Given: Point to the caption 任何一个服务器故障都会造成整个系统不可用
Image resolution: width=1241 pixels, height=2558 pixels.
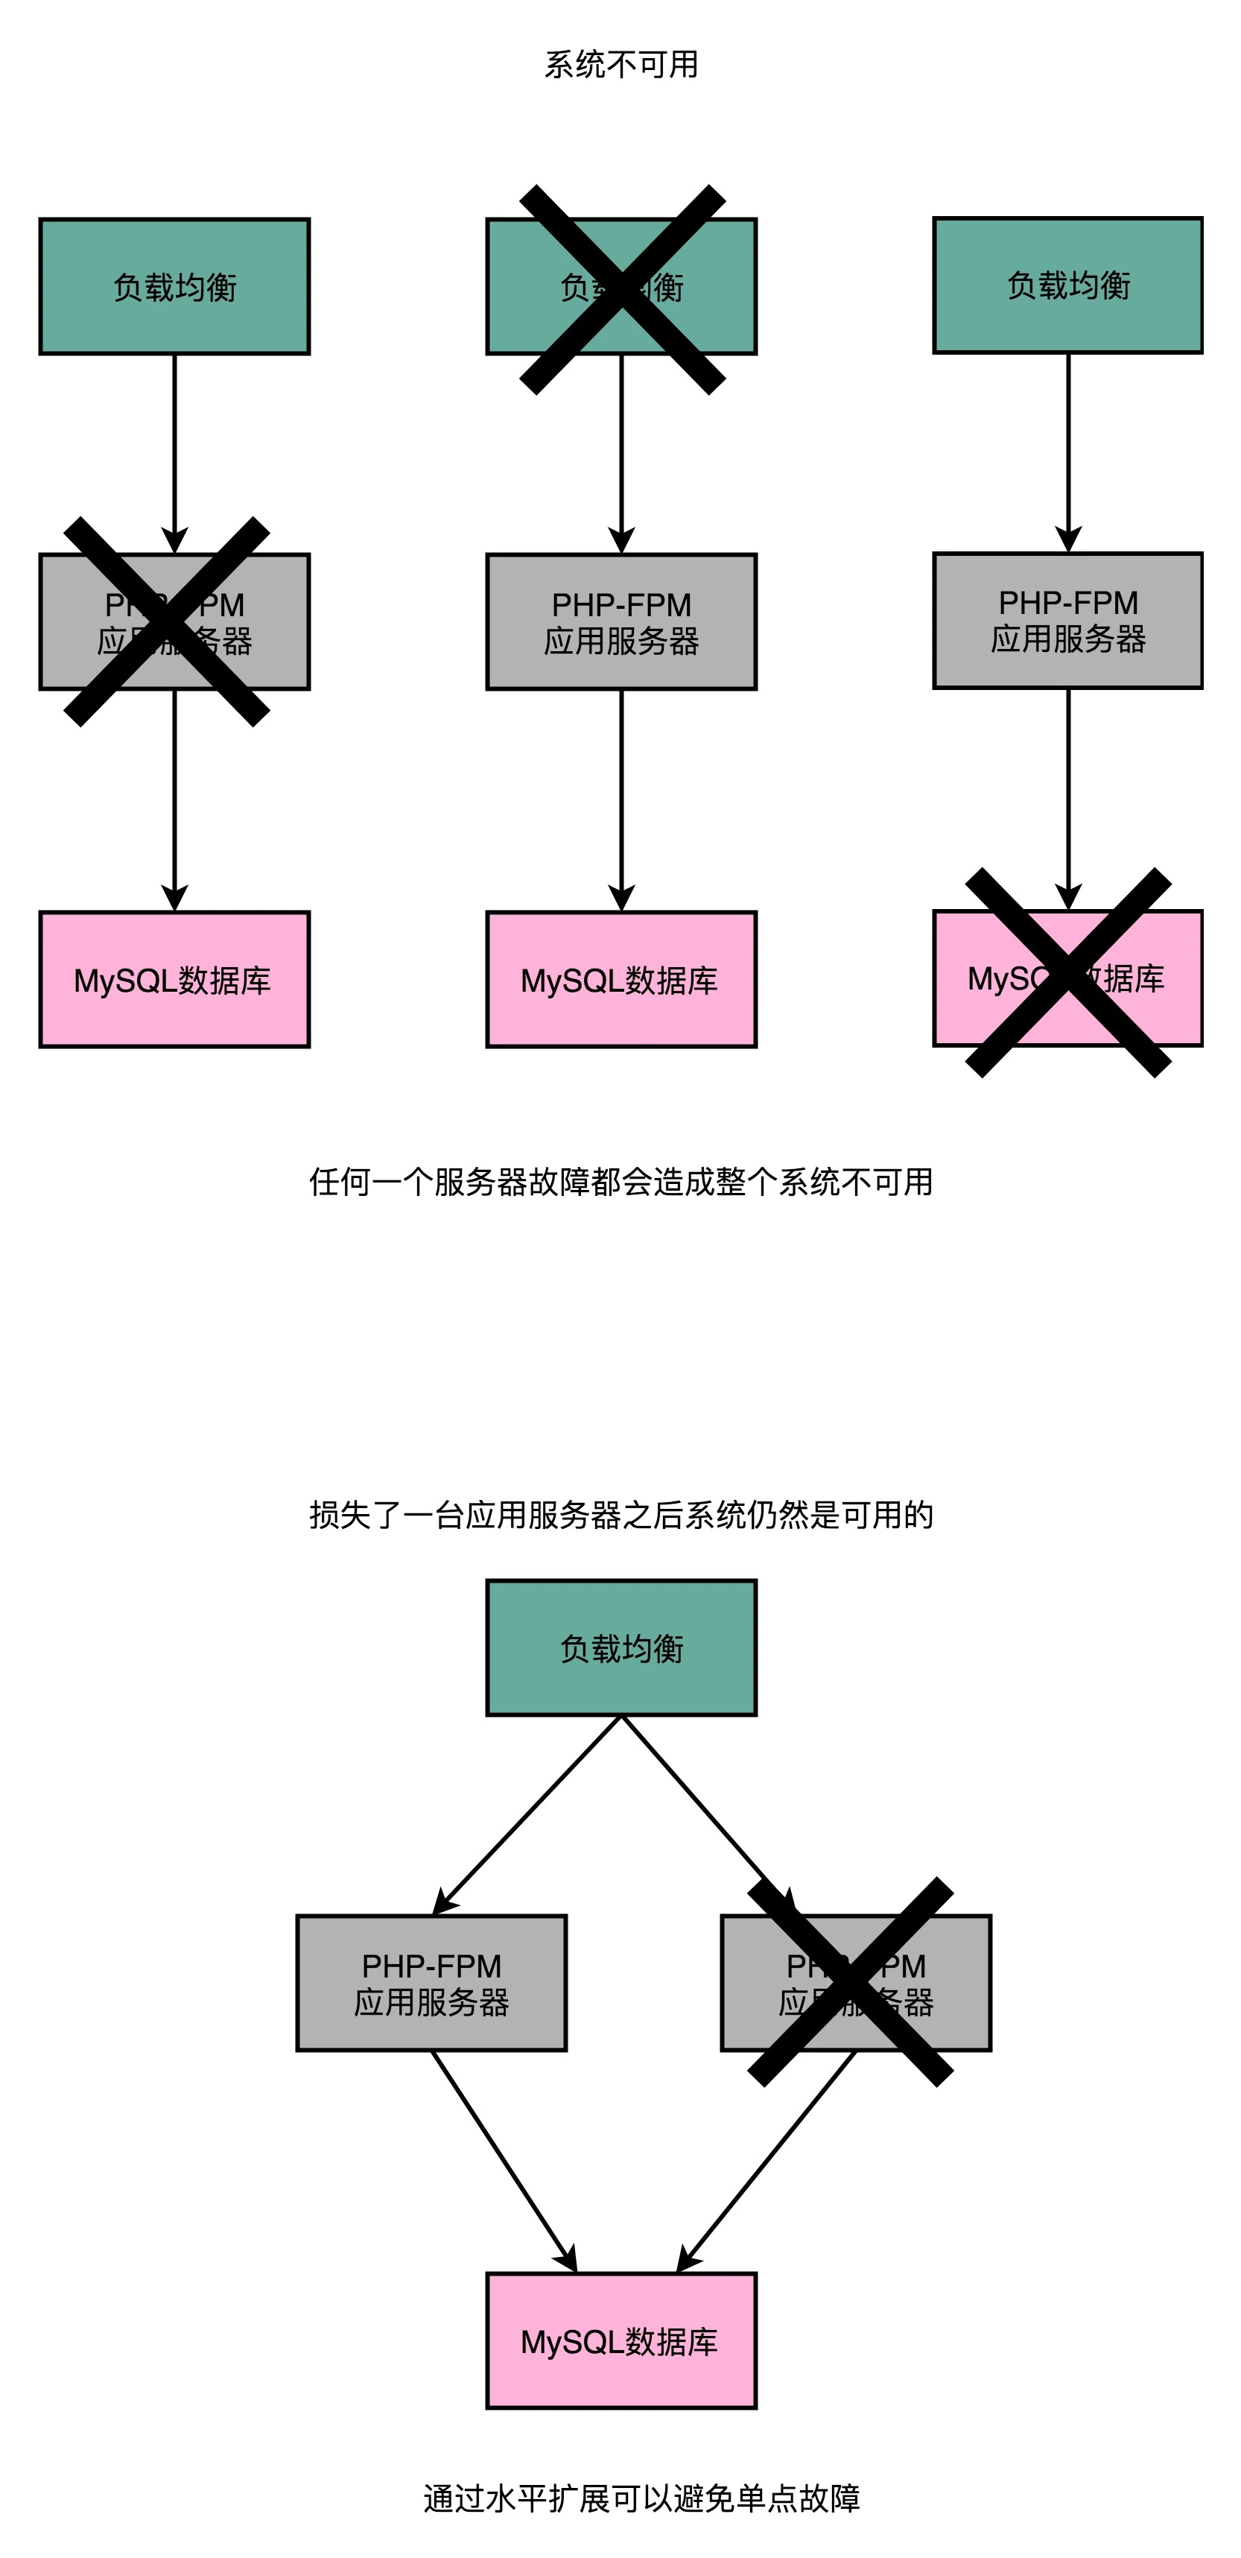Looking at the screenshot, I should pos(620,1182).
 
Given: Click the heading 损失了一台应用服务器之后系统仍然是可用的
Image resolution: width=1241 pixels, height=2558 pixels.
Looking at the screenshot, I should pos(620,1514).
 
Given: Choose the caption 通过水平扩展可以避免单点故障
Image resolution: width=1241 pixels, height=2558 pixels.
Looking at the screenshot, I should pos(641,2498).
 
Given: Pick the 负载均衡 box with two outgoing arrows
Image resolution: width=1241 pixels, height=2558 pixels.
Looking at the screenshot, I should pos(621,1648).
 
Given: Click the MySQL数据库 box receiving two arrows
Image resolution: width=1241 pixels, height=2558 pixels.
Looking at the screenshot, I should pos(621,2341).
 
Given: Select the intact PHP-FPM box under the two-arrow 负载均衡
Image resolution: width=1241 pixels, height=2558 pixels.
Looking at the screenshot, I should pos(431,1983).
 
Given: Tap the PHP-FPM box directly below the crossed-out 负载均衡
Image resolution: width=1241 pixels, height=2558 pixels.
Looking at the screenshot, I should pos(621,621).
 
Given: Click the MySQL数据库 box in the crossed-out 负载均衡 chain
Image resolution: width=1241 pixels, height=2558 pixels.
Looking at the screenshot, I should pos(621,979).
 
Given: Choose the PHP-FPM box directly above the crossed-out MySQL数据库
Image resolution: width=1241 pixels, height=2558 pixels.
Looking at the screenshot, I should pos(1067,621).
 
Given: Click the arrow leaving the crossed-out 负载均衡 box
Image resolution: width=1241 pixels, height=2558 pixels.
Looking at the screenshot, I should pos(621,457).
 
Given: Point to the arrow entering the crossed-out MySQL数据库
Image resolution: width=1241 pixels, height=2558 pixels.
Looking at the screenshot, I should pos(1068,794).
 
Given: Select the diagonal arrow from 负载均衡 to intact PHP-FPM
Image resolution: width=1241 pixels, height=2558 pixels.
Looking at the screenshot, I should pos(526,1815).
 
